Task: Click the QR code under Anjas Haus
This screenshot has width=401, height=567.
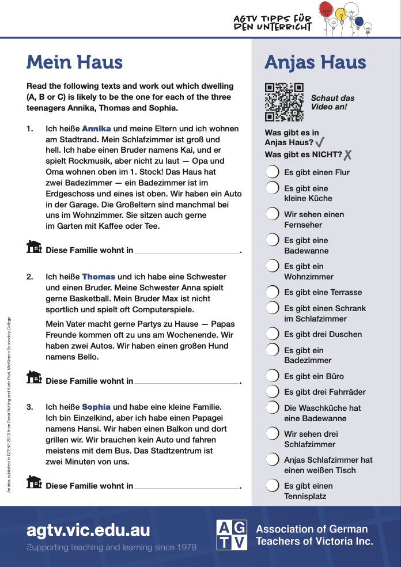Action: click(x=284, y=103)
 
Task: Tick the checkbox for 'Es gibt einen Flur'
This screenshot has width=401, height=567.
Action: click(x=273, y=172)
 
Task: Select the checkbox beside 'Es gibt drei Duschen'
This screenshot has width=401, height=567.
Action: click(x=273, y=334)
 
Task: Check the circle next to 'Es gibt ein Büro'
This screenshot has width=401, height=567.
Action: click(x=273, y=376)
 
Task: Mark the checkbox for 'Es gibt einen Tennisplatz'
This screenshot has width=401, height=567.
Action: click(x=273, y=486)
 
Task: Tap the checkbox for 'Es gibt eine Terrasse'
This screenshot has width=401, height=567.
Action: click(x=273, y=292)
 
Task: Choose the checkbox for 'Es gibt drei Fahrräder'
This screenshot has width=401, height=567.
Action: click(x=273, y=392)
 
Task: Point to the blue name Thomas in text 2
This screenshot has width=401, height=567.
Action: click(x=99, y=277)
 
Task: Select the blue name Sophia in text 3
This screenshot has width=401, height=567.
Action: click(x=96, y=407)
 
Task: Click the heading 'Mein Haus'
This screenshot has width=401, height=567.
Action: click(x=74, y=62)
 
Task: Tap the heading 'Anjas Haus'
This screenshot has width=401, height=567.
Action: click(x=315, y=62)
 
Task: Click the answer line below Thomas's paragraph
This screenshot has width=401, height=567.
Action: click(x=187, y=383)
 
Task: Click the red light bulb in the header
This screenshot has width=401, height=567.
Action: click(x=326, y=9)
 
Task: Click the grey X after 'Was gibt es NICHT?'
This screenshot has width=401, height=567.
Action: click(x=347, y=155)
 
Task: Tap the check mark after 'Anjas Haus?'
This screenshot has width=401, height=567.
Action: click(x=320, y=142)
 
